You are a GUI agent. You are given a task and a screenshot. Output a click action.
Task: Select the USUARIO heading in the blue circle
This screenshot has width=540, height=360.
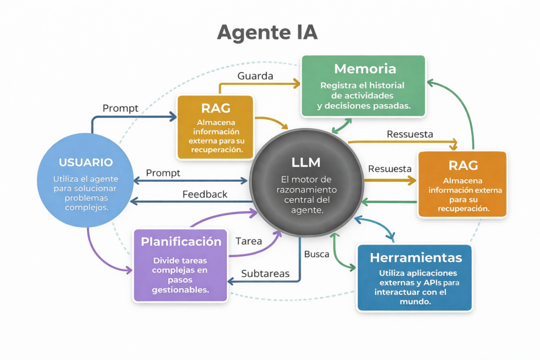coord(86,162)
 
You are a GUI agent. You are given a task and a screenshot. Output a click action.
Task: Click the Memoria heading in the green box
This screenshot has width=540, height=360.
coord(365,69)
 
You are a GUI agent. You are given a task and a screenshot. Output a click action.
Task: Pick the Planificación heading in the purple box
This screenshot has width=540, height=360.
coord(181,242)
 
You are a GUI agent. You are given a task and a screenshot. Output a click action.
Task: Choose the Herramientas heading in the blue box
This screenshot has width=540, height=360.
coord(416,258)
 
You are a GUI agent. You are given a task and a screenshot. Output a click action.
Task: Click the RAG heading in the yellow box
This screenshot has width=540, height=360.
coord(215,108)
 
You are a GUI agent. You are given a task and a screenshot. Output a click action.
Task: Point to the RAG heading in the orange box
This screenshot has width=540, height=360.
coord(463,166)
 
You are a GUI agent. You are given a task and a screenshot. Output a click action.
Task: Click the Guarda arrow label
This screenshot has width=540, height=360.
coord(255,76)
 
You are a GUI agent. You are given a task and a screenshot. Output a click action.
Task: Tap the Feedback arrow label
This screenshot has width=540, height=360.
coord(205,194)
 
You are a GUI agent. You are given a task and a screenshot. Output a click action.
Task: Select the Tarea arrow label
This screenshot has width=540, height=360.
coord(249,241)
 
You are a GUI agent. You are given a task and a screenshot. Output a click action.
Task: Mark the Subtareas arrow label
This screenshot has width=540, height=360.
coord(265,274)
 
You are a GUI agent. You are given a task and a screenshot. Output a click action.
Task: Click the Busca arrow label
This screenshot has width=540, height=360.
coord(316,254)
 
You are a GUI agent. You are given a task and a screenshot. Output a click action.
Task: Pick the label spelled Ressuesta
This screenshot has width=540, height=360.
coord(410,134)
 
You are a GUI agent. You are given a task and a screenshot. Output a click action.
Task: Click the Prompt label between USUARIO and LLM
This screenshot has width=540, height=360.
coord(163,173)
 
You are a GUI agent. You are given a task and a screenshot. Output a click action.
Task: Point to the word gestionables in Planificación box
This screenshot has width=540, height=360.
coord(180,289)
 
